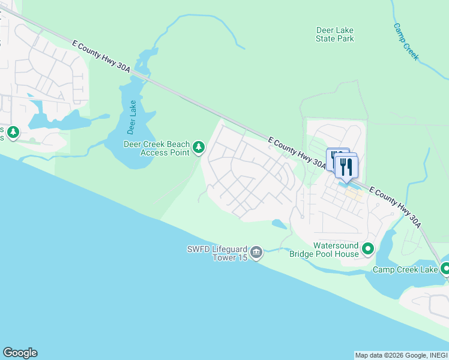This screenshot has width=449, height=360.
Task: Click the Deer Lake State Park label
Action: tap(335, 34)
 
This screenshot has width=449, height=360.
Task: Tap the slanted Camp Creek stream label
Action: tap(406, 42)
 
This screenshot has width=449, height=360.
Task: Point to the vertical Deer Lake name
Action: tap(132, 117)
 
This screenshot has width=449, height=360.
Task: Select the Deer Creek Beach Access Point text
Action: tap(156, 148)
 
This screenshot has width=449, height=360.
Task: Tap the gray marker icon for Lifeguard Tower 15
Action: tap(256, 252)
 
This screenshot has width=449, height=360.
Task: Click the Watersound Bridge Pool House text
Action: tap(324, 250)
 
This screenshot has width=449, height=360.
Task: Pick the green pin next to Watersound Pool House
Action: tap(368, 248)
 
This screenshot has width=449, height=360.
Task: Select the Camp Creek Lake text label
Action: tap(405, 269)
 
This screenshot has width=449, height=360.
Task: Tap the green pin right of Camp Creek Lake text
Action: tap(445, 268)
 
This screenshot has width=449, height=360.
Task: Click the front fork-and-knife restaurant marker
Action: tap(346, 166)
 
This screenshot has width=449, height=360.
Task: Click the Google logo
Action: tap(20, 353)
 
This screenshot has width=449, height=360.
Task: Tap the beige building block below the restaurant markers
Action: tap(354, 194)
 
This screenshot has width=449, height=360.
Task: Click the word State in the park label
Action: tap(335, 39)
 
